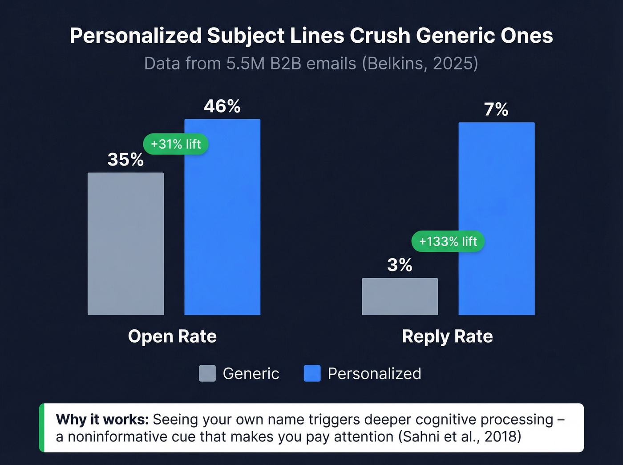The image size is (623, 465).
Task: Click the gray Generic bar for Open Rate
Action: point(125,244)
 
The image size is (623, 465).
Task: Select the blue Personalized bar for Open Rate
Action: point(222,217)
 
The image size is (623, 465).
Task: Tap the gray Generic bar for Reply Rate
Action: point(400,296)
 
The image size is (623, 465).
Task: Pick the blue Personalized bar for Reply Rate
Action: point(496,218)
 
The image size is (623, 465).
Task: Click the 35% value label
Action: point(125,160)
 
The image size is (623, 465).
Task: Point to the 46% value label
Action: point(222,106)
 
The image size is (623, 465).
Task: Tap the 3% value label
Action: point(400,265)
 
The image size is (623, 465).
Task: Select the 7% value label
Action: point(496,109)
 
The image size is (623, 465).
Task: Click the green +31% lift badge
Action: point(176,144)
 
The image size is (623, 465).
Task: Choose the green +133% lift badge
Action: point(448,242)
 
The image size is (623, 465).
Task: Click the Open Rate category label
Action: point(172,336)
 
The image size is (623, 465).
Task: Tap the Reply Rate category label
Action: point(447,336)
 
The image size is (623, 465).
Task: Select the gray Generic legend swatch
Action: point(207,373)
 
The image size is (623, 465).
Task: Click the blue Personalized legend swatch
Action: point(312,373)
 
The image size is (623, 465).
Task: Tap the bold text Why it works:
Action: point(102,420)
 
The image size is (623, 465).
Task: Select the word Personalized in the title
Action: point(135,36)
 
